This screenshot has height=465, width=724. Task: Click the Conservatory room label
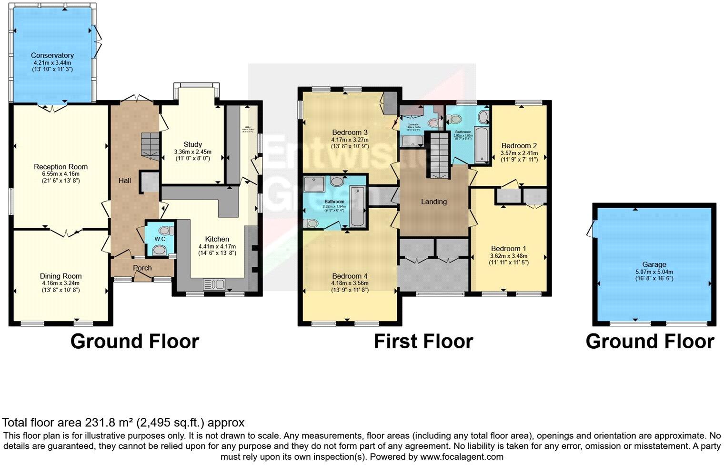[52, 55]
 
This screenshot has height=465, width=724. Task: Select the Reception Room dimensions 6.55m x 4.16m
[60, 174]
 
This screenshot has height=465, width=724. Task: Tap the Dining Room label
[60, 276]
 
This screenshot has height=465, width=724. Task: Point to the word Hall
[125, 181]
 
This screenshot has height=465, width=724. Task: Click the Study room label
[192, 144]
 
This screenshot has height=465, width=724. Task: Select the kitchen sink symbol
[214, 284]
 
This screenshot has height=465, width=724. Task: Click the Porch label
[142, 268]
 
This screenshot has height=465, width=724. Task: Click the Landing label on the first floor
[434, 202]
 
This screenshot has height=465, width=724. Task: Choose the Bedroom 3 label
[350, 132]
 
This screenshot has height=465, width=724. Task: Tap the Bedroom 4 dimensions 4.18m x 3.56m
[350, 283]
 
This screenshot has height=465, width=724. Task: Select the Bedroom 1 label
[509, 248]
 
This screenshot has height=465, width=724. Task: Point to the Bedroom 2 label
[519, 146]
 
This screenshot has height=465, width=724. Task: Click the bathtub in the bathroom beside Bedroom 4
[357, 207]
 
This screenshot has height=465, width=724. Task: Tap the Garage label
[654, 264]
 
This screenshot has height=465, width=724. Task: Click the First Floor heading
[423, 342]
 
